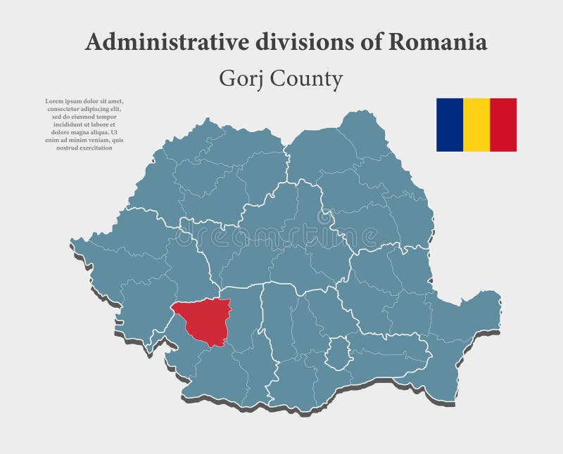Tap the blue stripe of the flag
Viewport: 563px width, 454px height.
click(x=449, y=124)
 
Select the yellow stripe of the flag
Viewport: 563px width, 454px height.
click(x=476, y=124)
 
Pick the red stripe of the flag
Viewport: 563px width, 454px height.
click(x=503, y=124)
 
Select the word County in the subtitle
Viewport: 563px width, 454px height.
click(x=304, y=79)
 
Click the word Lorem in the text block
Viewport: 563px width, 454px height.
click(x=53, y=101)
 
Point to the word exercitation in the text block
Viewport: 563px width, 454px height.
click(x=93, y=148)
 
